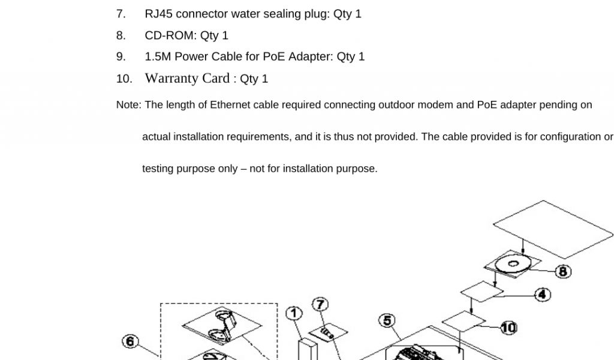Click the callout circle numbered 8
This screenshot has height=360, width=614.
pos(563,272)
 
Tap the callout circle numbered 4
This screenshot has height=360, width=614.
pos(542,295)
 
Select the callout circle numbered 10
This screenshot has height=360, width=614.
pos(508,328)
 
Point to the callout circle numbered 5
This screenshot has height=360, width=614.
pos(387,321)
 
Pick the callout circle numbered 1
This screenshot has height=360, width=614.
pos(293,313)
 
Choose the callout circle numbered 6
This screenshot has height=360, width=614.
pos(130,341)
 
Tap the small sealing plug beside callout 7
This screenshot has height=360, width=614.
pos(327,331)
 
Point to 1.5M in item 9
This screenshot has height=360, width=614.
pos(158,57)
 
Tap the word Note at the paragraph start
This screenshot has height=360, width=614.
pos(128,105)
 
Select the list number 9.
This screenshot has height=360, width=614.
pos(121,57)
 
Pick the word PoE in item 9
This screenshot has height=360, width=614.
pos(274,57)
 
